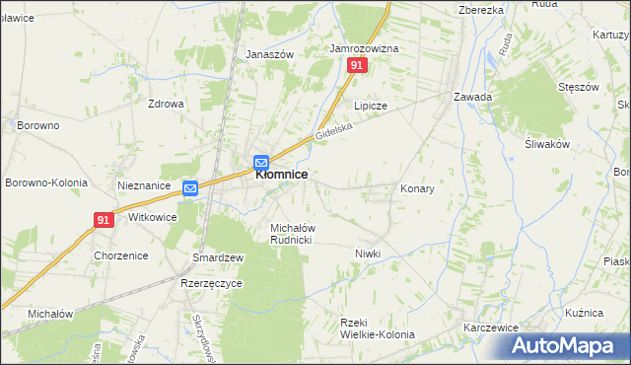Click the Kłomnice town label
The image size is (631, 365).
pyautogui.click(x=282, y=175)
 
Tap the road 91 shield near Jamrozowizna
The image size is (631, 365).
pyautogui.click(x=357, y=65)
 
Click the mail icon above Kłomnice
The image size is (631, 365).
pyautogui.click(x=261, y=164)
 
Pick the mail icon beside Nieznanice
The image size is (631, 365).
pyautogui.click(x=190, y=187)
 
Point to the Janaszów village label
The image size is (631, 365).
pyautogui.click(x=270, y=55)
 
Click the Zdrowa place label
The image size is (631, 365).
pyautogui.click(x=166, y=104)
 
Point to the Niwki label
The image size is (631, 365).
pyautogui.click(x=368, y=254)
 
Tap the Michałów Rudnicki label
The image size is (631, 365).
pyautogui.click(x=292, y=234)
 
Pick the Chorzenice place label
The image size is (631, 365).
pyautogui.click(x=121, y=255)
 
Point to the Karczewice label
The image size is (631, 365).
pyautogui.click(x=491, y=327)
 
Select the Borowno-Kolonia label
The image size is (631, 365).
pyautogui.click(x=46, y=183)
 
